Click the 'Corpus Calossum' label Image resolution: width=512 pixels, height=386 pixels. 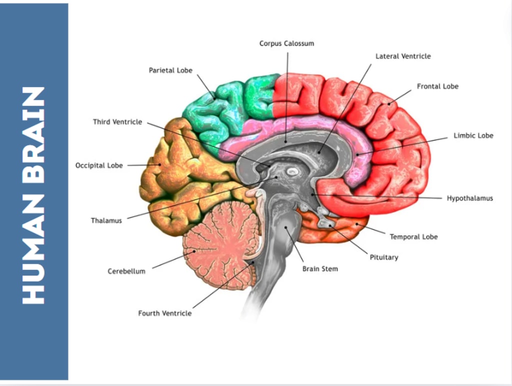click(x=286, y=44)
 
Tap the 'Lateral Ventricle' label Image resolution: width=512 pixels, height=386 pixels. click(x=403, y=56)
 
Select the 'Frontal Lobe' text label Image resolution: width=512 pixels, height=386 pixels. click(x=437, y=86)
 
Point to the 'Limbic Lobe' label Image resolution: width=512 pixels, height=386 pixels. click(x=473, y=135)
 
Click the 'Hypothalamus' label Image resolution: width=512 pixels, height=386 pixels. click(x=469, y=198)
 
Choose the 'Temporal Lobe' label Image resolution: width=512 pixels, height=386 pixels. click(x=413, y=236)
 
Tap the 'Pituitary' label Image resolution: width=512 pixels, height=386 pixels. click(x=384, y=257)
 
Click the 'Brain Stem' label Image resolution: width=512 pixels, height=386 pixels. click(x=320, y=269)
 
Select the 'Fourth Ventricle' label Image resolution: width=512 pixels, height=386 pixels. click(x=164, y=313)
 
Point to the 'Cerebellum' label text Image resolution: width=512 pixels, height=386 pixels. click(x=126, y=271)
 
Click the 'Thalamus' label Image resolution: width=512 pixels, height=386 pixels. click(x=106, y=220)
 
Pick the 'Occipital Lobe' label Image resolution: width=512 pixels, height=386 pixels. click(x=99, y=165)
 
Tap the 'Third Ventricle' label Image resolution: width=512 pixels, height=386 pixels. click(x=117, y=122)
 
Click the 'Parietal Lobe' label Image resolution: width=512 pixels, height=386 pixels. click(x=170, y=70)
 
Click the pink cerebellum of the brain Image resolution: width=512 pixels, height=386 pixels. click(x=220, y=243)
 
